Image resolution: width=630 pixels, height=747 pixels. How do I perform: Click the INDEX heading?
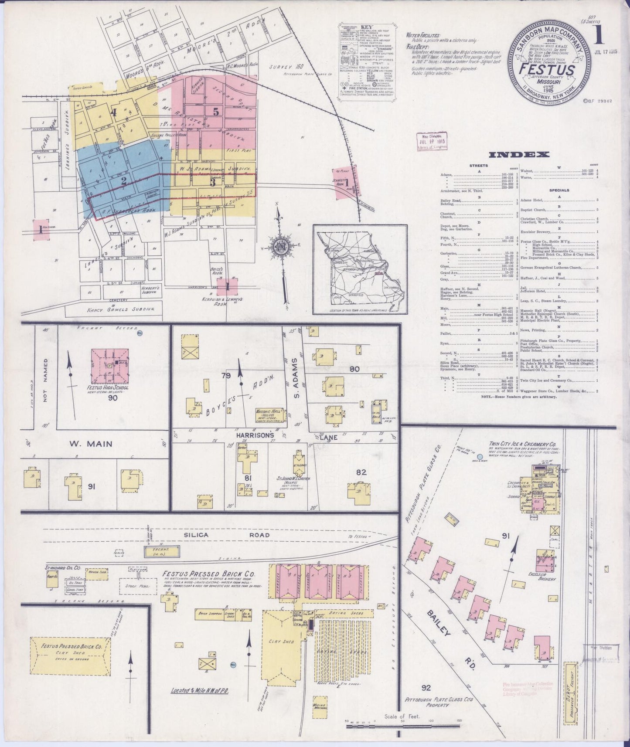click(x=519, y=155)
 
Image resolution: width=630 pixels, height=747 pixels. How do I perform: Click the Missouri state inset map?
click(x=360, y=269)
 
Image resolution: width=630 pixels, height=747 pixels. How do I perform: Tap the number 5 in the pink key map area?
click(x=216, y=111)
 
